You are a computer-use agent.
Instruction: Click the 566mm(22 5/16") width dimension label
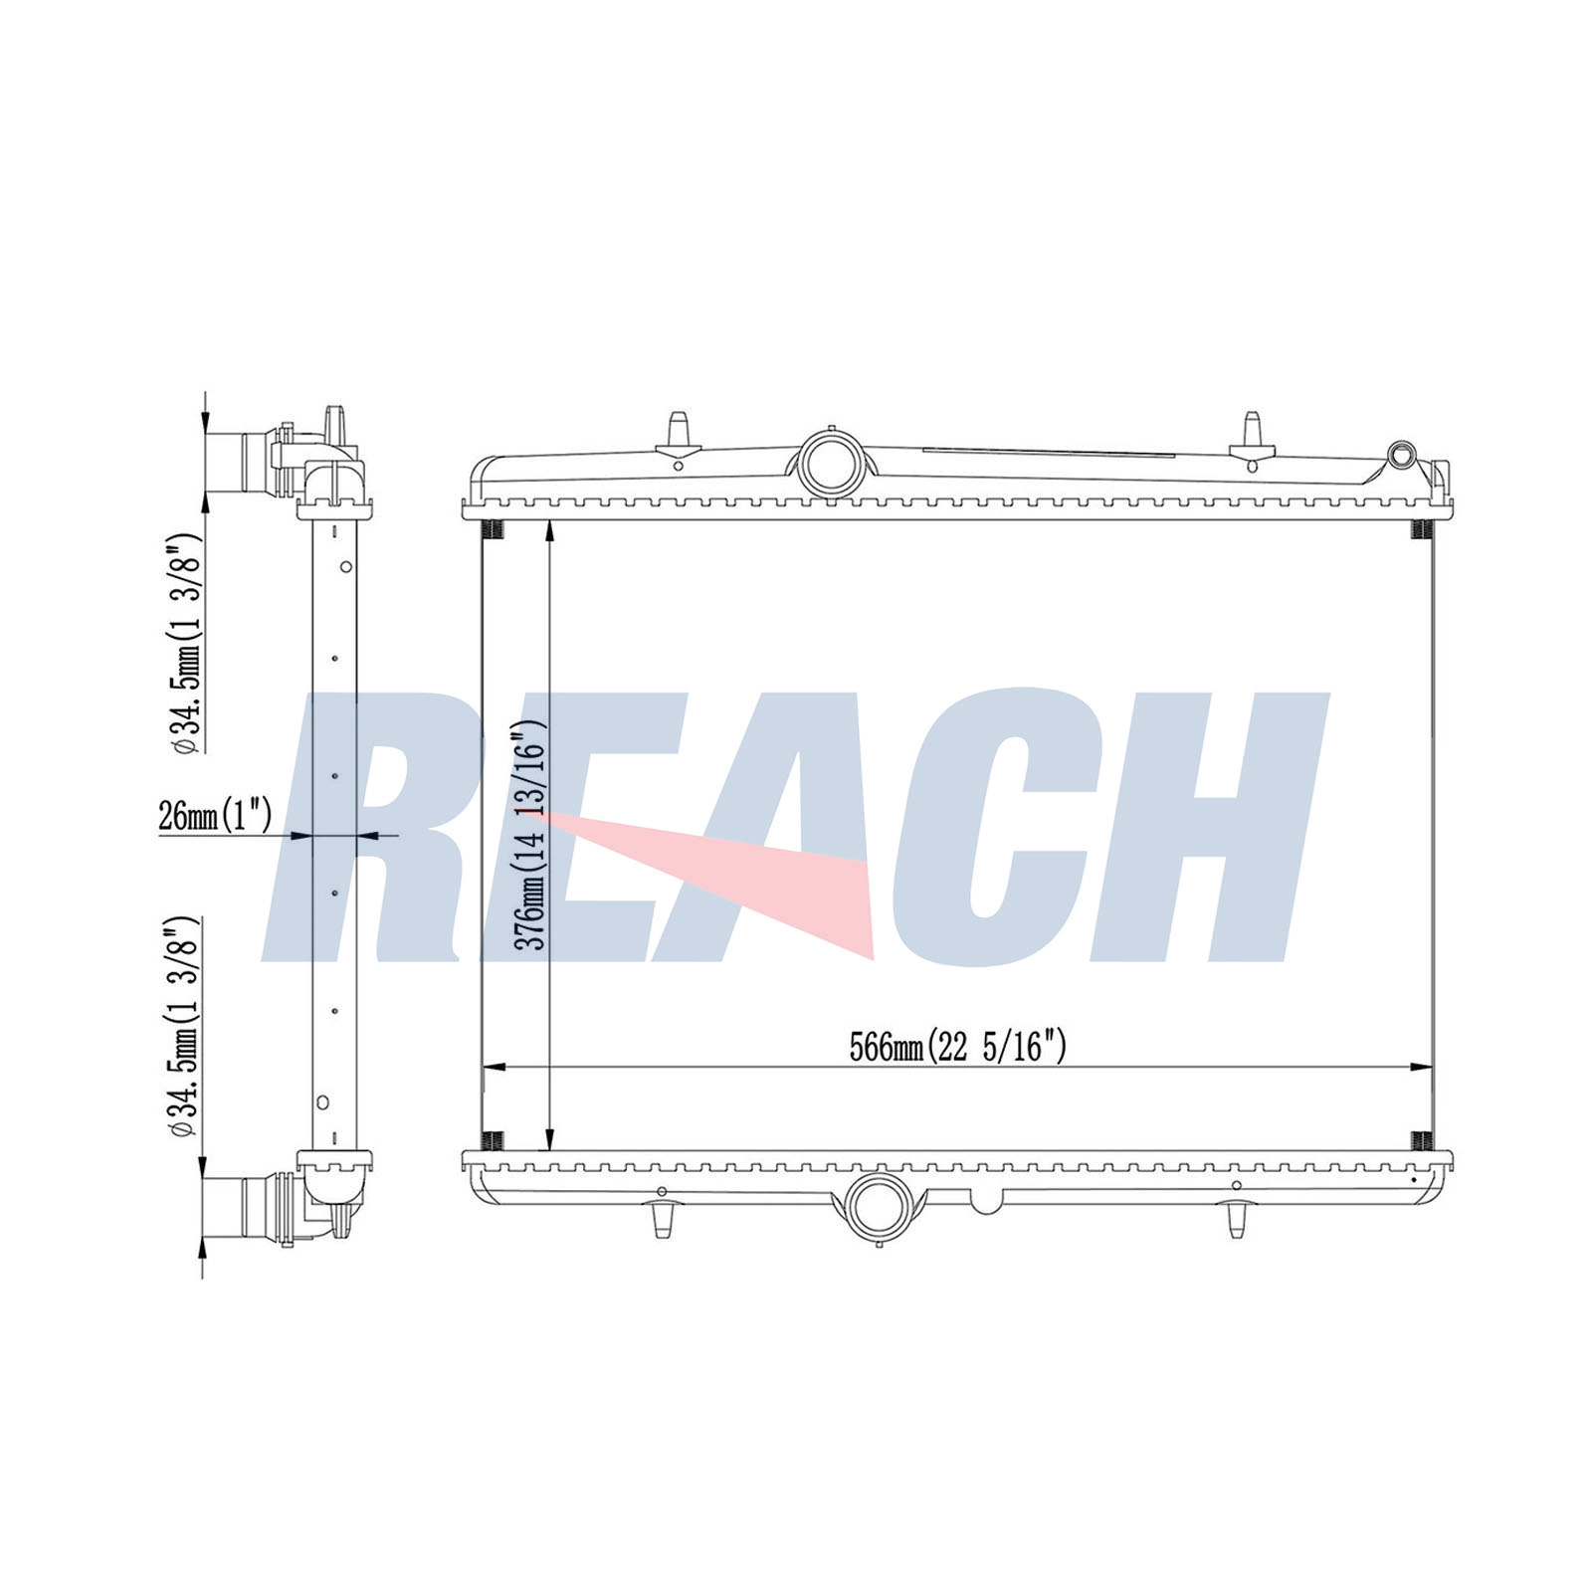[x=957, y=1047]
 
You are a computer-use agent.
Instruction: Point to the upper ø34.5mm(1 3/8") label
[x=188, y=645]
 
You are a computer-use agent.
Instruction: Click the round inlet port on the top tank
[x=830, y=461]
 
